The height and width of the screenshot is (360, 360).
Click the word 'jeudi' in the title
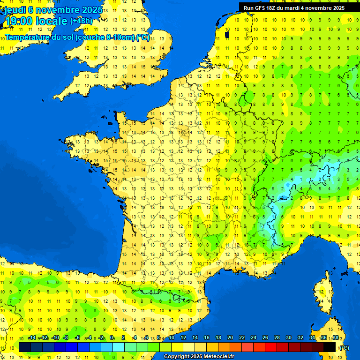(x=15, y=9)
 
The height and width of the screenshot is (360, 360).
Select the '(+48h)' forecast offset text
(x=81, y=21)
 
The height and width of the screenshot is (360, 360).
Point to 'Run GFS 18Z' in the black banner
(x=260, y=8)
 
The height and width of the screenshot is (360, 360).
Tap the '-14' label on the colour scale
(x=32, y=338)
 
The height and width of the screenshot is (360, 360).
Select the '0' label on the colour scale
(x=112, y=338)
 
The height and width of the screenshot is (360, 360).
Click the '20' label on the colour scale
(x=230, y=338)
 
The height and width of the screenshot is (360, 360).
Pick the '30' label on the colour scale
(x=288, y=338)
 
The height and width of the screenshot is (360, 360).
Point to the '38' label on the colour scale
(x=335, y=338)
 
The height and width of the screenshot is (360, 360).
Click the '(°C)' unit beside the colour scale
(x=344, y=348)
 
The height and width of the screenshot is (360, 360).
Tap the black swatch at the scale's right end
(x=330, y=347)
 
